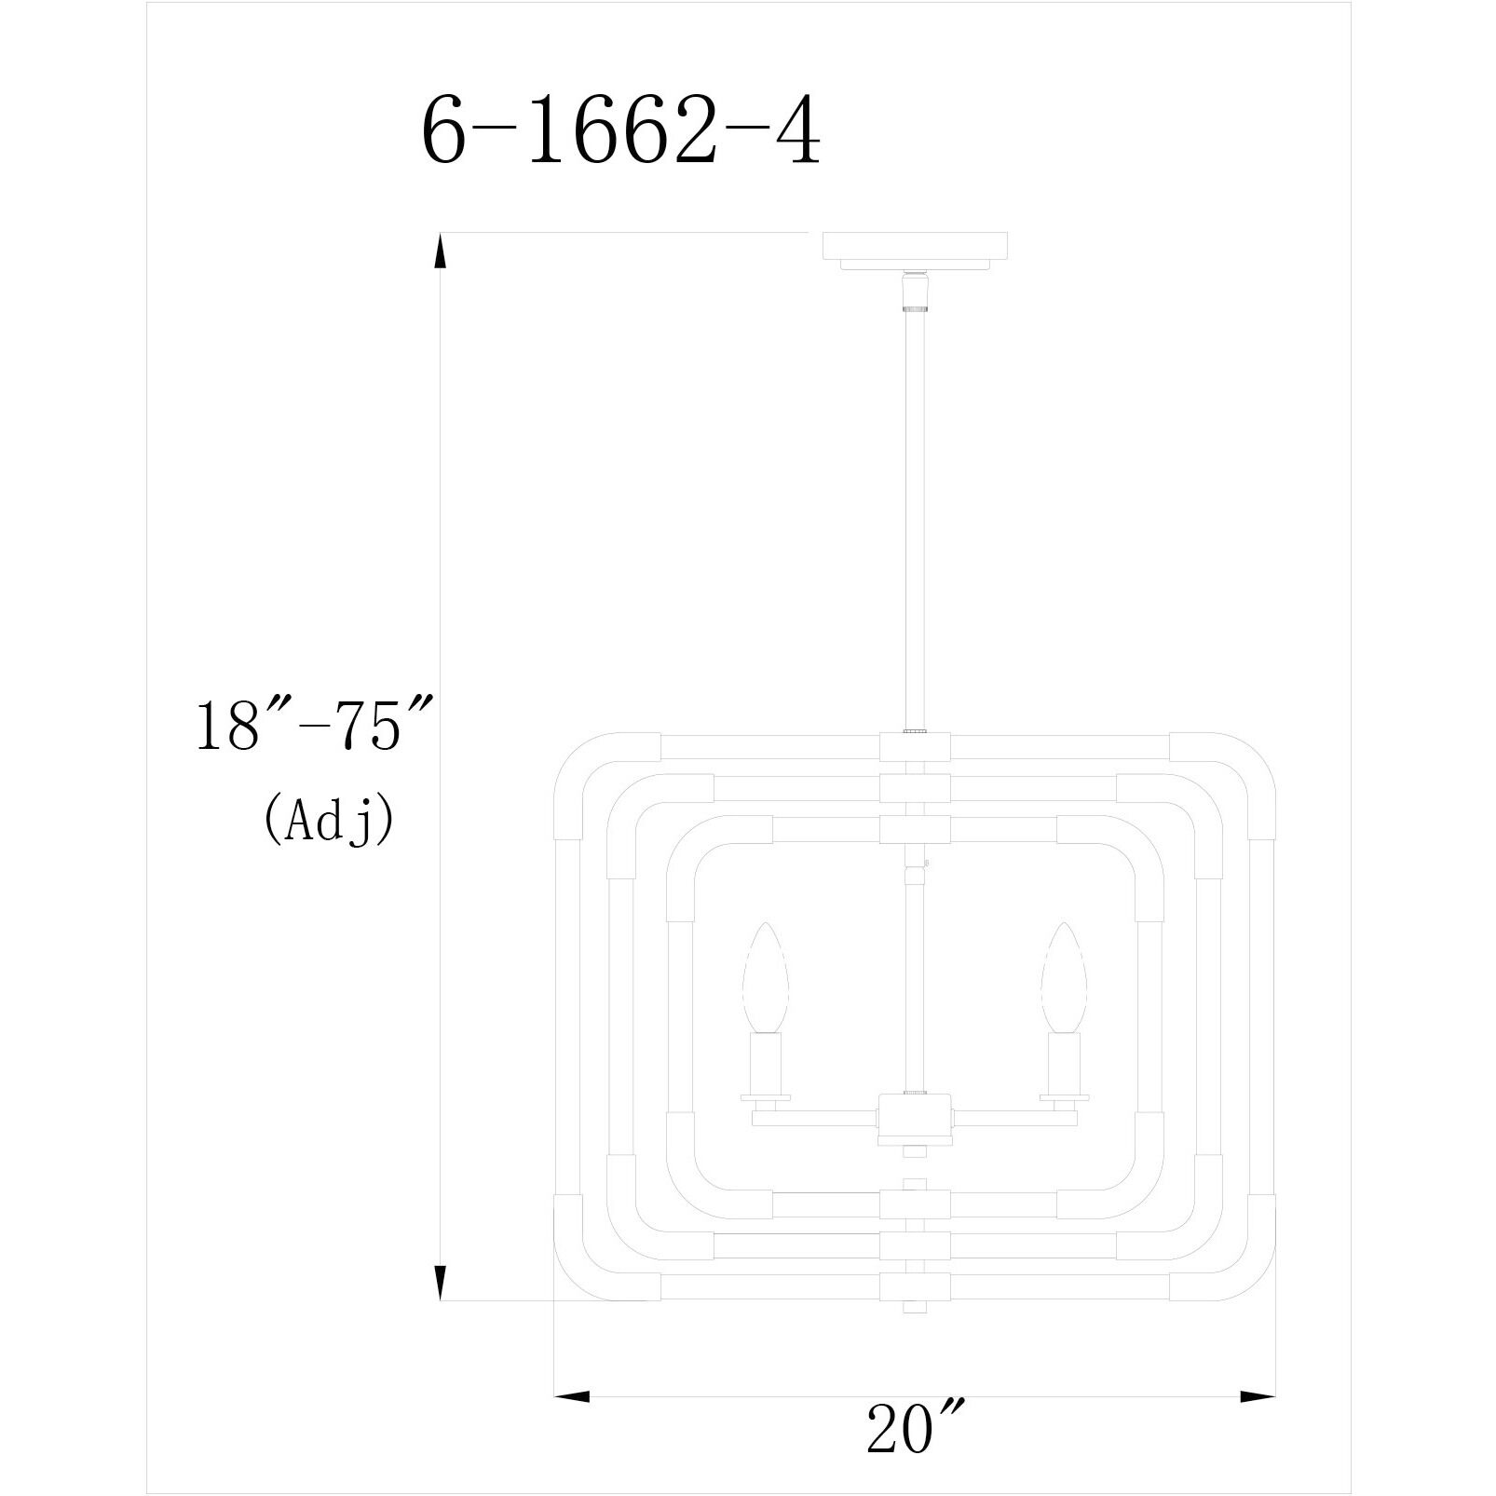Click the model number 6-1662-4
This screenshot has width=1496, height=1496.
pyautogui.click(x=621, y=131)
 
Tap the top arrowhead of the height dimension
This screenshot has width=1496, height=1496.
pyautogui.click(x=439, y=252)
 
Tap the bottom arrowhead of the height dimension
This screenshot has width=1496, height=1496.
pyautogui.click(x=439, y=1282)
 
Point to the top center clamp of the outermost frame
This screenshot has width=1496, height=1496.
pyautogui.click(x=915, y=746)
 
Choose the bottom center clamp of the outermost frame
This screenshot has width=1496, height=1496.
pyautogui.click(x=915, y=1286)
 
